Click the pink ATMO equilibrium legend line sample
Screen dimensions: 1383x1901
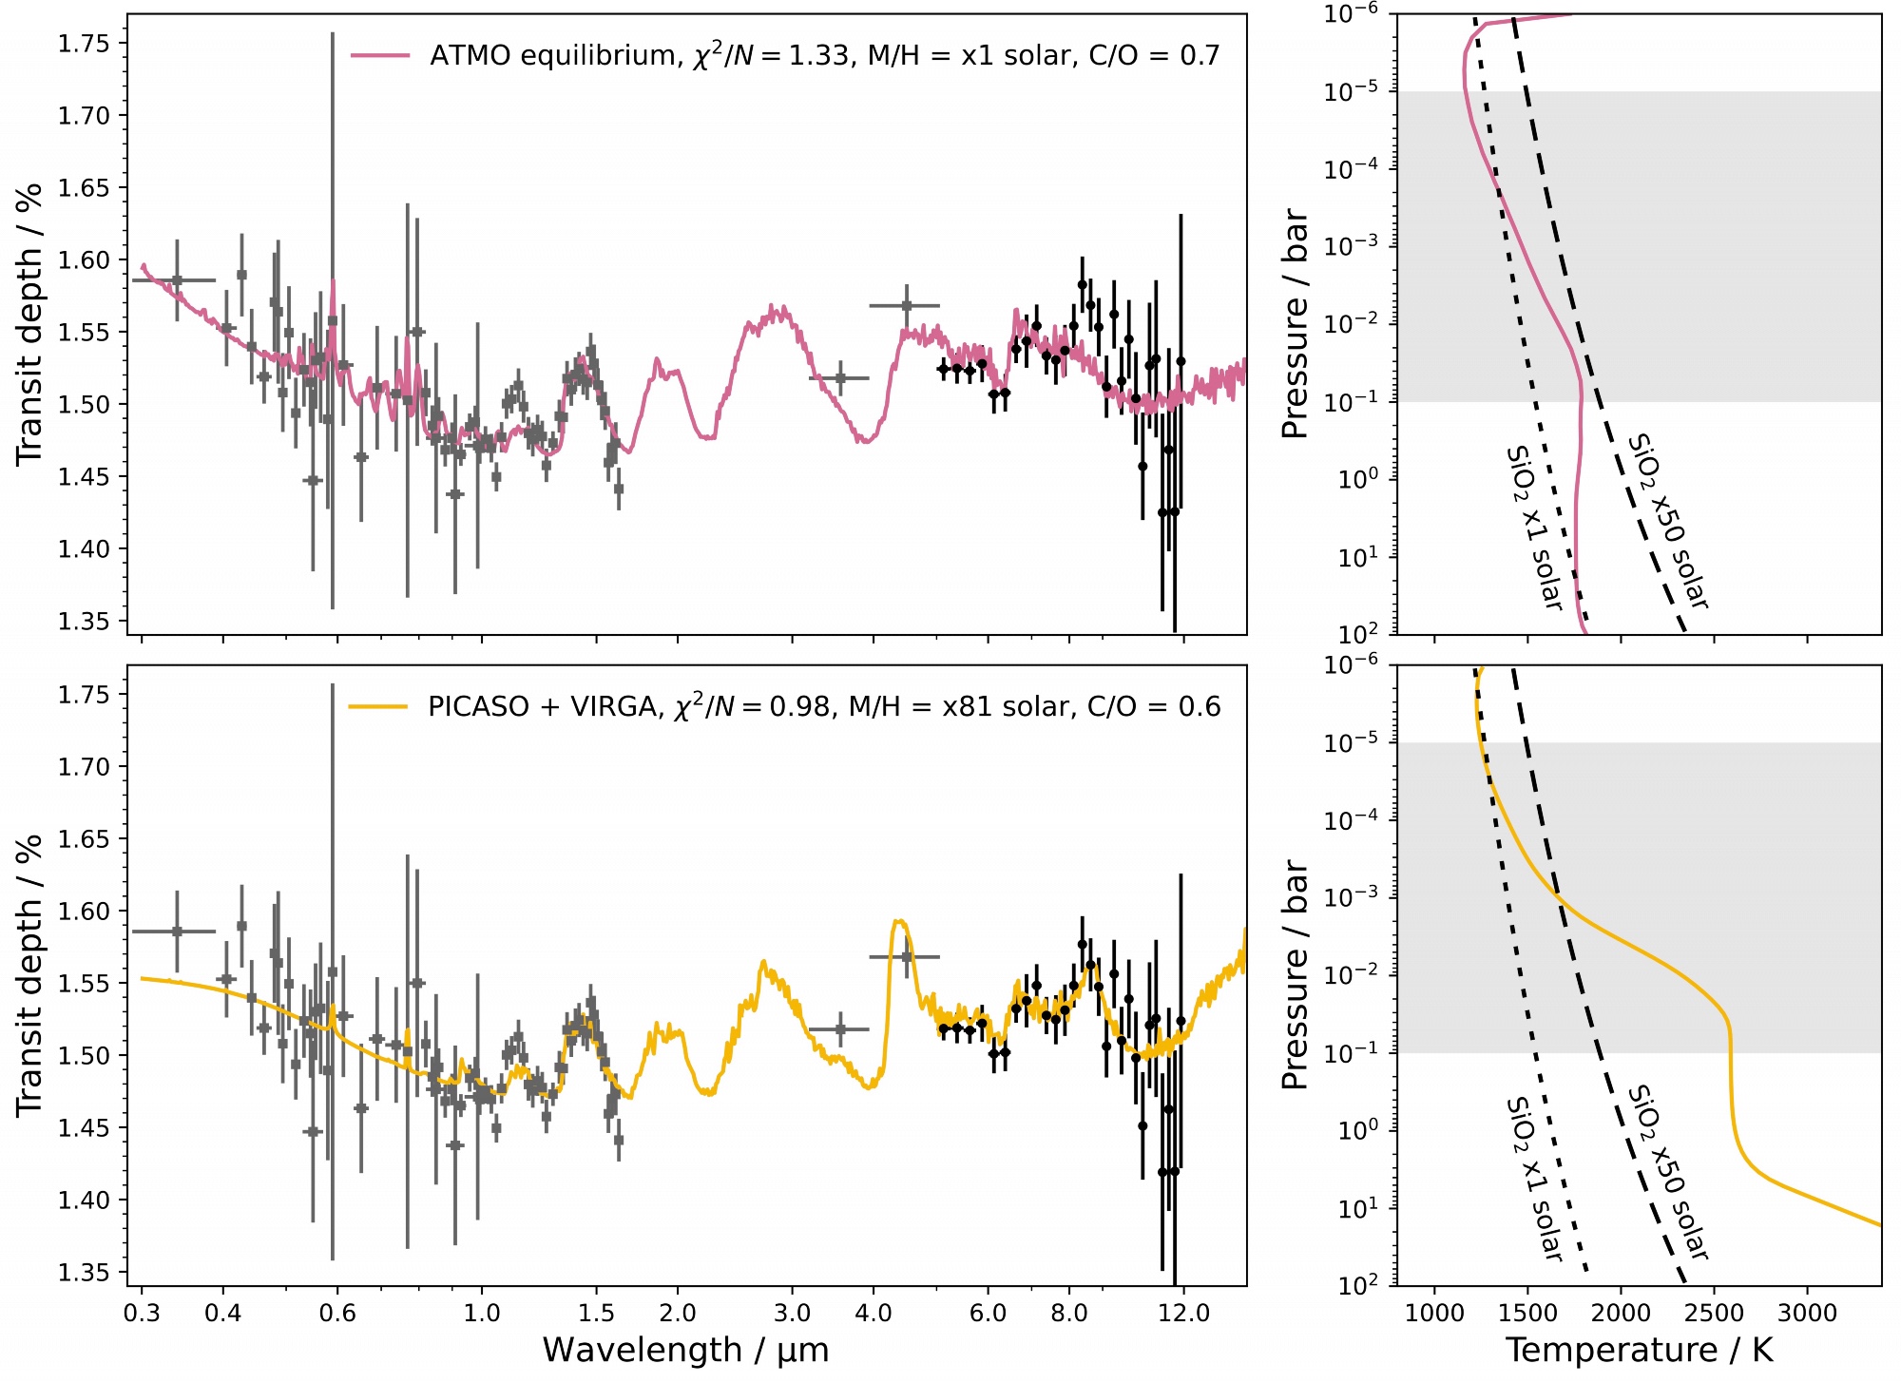pyautogui.click(x=380, y=55)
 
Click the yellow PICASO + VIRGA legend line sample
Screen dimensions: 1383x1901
pyautogui.click(x=378, y=706)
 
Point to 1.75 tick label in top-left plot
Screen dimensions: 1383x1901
pyautogui.click(x=84, y=44)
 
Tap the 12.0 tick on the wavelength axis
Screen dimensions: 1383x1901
pyautogui.click(x=1183, y=1313)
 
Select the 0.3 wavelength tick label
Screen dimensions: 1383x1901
pyautogui.click(x=142, y=1313)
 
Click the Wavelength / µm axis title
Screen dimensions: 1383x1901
pyautogui.click(x=685, y=1351)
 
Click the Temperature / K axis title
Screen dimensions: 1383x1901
pyautogui.click(x=1639, y=1351)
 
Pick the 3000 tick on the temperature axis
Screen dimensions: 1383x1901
pyautogui.click(x=1807, y=1313)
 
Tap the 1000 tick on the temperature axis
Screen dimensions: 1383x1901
pyautogui.click(x=1434, y=1313)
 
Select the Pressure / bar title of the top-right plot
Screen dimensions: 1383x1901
pyautogui.click(x=1295, y=323)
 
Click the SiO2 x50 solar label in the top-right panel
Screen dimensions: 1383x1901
pyautogui.click(x=1668, y=521)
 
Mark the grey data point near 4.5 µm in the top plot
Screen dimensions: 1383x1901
pyautogui.click(x=907, y=305)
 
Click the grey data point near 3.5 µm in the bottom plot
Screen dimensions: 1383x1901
pyautogui.click(x=839, y=1029)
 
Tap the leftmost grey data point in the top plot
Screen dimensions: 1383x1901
pyautogui.click(x=177, y=280)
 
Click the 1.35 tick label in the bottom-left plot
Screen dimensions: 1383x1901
pyautogui.click(x=84, y=1272)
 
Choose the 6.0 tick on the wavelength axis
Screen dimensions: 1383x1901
pyautogui.click(x=988, y=1313)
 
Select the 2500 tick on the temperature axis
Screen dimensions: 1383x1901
pyautogui.click(x=1714, y=1313)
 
